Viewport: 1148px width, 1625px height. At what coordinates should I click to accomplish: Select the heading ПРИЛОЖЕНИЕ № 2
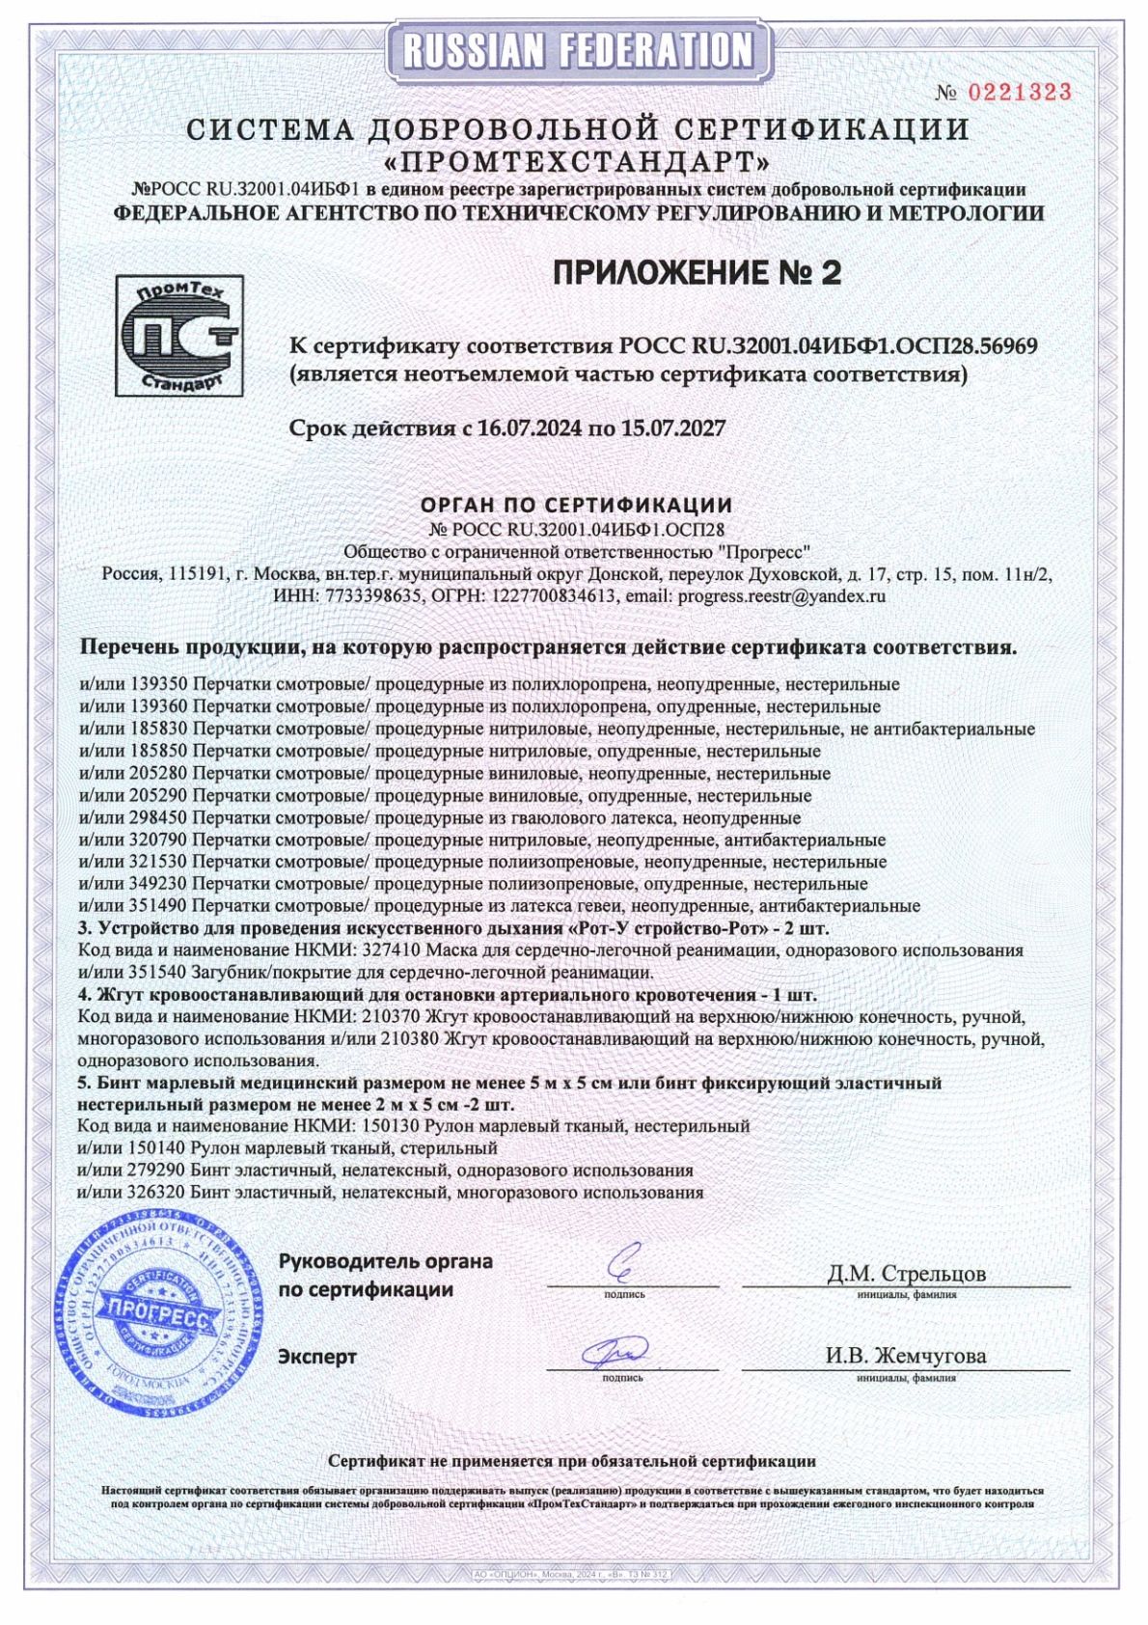pos(697,273)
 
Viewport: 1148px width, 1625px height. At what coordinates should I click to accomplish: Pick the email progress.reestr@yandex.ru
pos(781,595)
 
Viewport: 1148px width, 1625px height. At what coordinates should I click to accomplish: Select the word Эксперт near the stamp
pos(317,1357)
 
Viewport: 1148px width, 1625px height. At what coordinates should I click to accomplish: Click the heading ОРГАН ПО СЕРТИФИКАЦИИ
pos(576,505)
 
